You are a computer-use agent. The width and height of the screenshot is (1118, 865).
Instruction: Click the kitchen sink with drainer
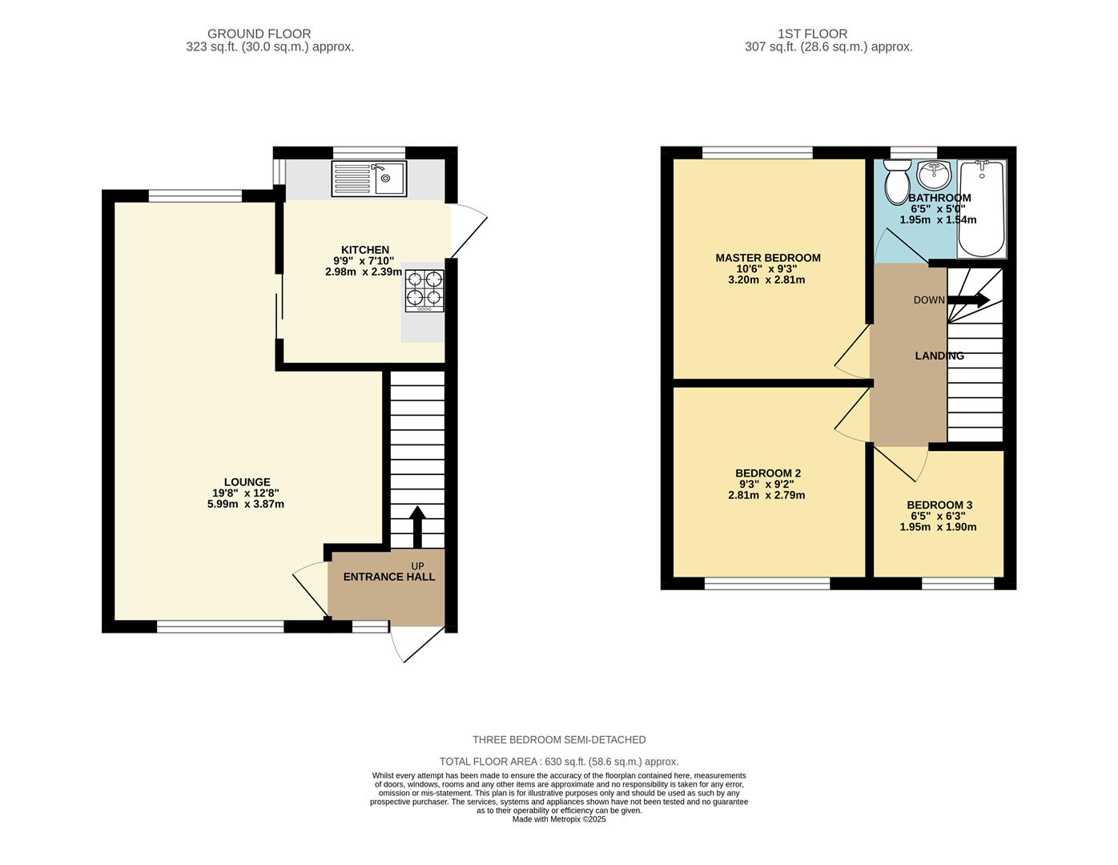click(369, 179)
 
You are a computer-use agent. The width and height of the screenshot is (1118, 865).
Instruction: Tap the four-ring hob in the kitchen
click(424, 290)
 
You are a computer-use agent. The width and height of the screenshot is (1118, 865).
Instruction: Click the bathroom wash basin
click(933, 173)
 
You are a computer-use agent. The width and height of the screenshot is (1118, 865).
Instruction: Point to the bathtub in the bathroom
click(982, 208)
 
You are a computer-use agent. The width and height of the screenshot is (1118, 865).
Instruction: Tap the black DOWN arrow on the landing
click(969, 300)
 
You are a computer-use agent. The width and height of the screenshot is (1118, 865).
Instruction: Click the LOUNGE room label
click(247, 482)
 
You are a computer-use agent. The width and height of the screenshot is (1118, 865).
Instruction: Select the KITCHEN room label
click(365, 250)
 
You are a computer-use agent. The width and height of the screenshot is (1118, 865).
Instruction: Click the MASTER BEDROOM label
click(767, 258)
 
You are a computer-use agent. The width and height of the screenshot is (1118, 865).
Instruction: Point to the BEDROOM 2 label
click(767, 473)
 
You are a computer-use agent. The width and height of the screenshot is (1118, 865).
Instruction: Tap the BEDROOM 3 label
click(939, 505)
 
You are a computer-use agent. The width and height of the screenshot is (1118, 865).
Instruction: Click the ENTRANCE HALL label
click(389, 577)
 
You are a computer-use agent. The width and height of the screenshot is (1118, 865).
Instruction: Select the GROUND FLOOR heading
click(259, 34)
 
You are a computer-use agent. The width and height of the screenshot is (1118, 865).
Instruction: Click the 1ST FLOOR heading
click(812, 34)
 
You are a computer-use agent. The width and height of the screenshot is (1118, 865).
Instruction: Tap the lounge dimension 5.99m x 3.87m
click(245, 505)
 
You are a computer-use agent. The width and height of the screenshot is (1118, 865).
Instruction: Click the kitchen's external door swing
click(468, 231)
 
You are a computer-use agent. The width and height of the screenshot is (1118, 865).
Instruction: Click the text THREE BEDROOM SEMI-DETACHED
click(558, 740)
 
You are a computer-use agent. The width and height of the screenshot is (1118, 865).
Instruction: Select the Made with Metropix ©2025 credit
click(558, 819)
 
